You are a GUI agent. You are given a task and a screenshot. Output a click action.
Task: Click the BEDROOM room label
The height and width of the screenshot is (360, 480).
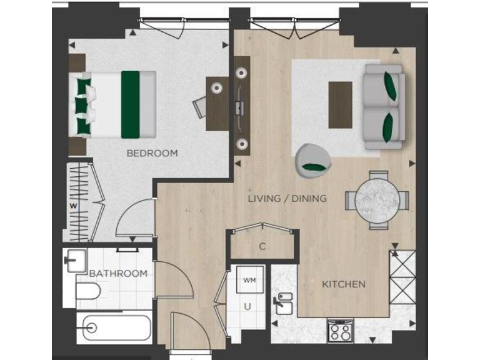click(x=152, y=153)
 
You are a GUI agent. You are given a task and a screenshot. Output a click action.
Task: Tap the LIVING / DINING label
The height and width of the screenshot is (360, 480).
click(x=287, y=199)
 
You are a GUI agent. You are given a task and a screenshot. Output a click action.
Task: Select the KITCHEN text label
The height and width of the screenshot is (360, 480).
click(x=343, y=284)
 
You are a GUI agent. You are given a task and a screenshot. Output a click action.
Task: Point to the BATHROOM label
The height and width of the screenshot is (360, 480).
click(x=118, y=274)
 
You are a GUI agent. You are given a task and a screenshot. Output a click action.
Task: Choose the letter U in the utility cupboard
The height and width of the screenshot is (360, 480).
click(x=247, y=306)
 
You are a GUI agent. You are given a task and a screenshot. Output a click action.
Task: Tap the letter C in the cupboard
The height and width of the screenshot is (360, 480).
click(x=262, y=246)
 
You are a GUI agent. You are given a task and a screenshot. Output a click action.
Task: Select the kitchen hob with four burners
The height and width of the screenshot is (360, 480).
click(x=340, y=329)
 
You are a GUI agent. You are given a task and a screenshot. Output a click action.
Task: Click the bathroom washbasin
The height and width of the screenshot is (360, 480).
click(x=75, y=259)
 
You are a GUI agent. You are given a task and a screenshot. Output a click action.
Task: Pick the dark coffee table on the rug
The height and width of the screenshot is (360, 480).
click(x=341, y=104)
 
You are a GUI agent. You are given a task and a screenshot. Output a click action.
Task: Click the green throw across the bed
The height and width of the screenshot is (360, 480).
click(x=130, y=104)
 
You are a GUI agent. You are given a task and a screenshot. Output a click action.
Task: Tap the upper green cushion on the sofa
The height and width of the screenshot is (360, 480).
click(x=391, y=86)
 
